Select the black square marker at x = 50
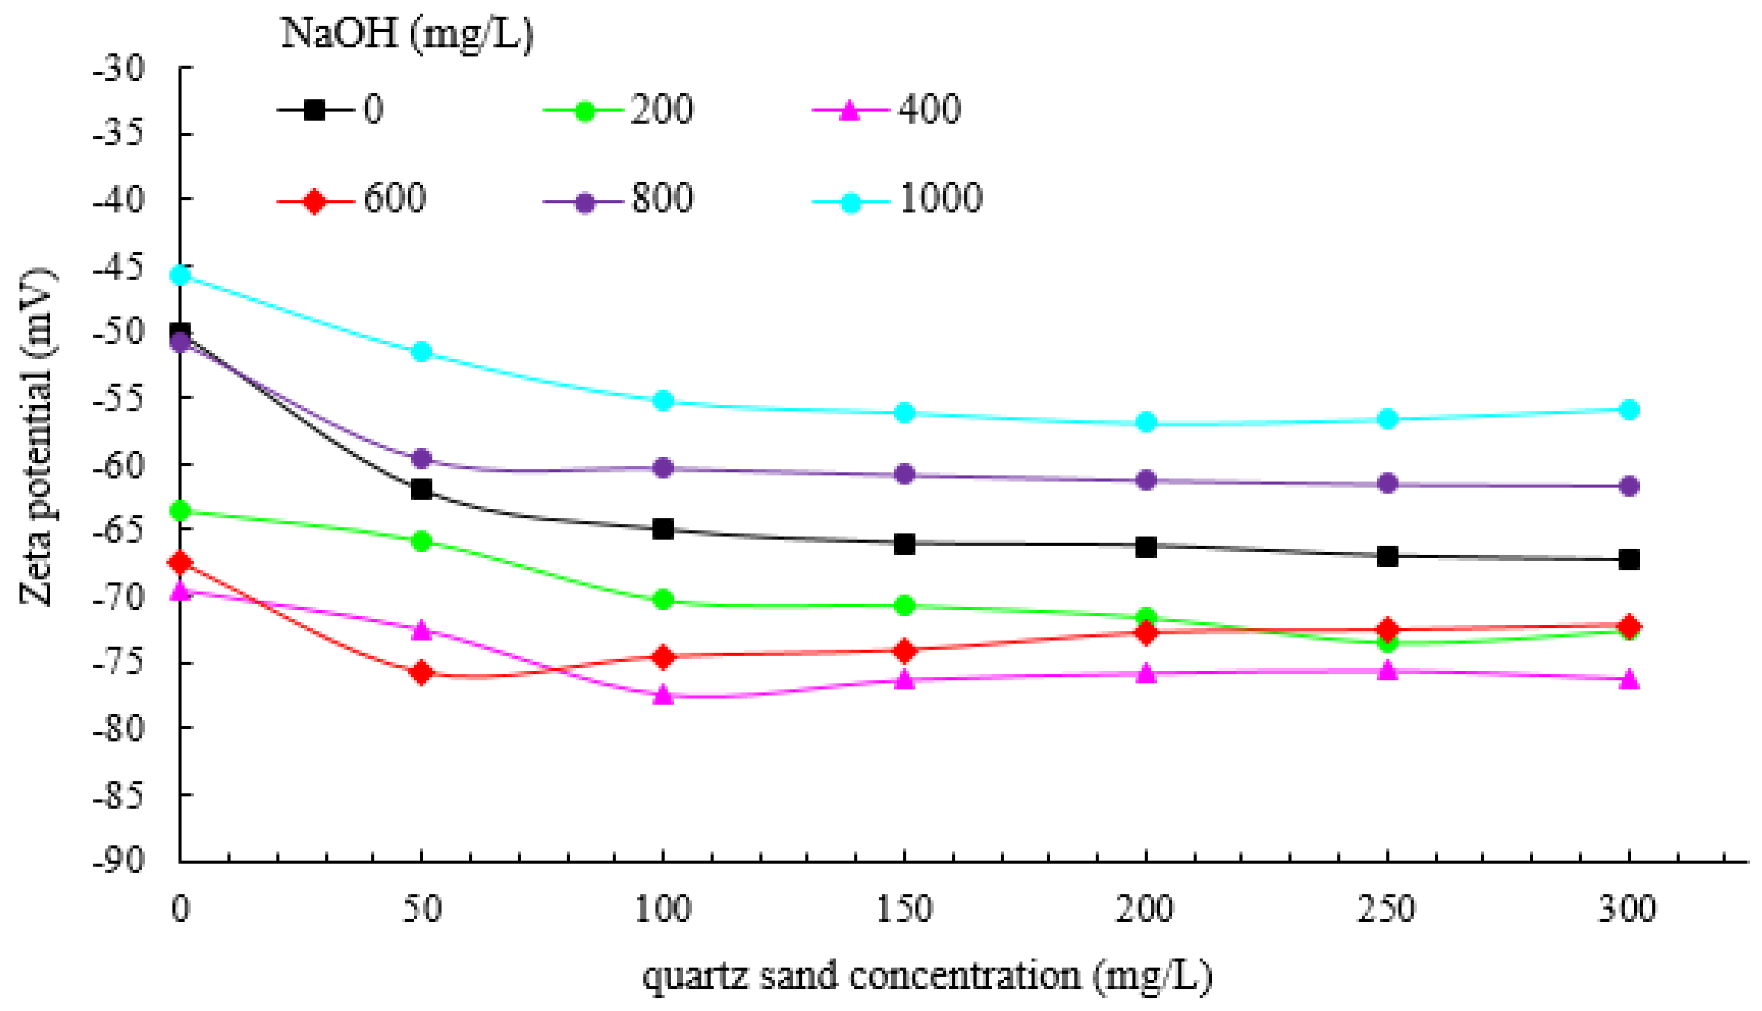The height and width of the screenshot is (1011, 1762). point(421,489)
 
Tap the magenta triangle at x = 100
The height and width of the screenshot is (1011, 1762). point(663,694)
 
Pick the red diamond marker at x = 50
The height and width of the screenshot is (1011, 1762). point(421,672)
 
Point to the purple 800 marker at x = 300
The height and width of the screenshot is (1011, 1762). point(1629,485)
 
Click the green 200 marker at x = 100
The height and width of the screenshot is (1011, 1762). point(663,599)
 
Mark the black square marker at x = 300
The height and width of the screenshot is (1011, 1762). point(1629,559)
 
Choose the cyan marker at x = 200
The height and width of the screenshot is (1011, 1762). point(1146,422)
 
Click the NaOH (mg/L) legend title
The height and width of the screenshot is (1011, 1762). point(407,33)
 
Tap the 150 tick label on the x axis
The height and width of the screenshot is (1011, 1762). point(904,909)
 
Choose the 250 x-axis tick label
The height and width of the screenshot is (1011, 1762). point(1386,909)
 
